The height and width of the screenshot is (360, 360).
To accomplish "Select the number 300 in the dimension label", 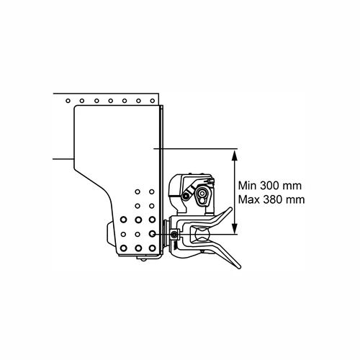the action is [269, 186].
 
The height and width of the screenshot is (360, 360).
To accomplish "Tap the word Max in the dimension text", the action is [249, 199].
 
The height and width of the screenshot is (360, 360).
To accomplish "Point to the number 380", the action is [272, 199].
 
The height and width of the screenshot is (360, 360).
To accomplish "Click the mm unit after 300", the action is [292, 186].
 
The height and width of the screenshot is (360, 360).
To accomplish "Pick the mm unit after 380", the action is [295, 200].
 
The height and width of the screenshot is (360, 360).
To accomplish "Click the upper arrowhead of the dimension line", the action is [235, 155].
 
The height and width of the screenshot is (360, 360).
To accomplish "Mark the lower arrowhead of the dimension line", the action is [235, 228].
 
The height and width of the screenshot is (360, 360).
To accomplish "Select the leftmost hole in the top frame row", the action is [68, 101].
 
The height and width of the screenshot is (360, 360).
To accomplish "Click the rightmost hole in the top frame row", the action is [152, 101].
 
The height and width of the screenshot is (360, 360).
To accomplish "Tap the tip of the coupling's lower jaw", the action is [239, 267].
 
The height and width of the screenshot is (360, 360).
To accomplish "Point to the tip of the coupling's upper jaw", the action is [230, 209].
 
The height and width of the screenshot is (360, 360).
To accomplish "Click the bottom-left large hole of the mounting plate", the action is [123, 248].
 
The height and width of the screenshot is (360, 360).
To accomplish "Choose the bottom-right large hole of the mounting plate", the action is [152, 248].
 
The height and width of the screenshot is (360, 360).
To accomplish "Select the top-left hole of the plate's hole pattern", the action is [138, 192].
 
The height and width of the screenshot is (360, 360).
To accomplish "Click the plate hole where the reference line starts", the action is [152, 233].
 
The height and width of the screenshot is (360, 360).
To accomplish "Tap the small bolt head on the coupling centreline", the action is [174, 234].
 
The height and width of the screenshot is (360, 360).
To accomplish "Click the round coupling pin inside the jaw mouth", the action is [201, 235].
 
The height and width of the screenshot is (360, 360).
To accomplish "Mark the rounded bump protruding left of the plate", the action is [112, 234].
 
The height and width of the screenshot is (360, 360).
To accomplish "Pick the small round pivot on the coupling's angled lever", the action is [185, 196].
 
